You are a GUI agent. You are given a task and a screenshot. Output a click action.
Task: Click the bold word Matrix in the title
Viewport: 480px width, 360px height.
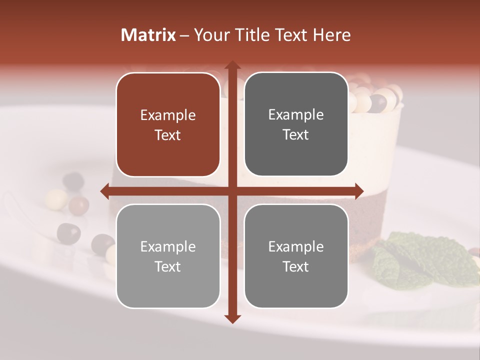click(x=148, y=35)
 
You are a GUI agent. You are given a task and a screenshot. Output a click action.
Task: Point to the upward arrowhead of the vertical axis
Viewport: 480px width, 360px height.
click(x=232, y=65)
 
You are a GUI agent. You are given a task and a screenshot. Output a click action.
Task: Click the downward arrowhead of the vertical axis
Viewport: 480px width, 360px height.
click(x=232, y=318)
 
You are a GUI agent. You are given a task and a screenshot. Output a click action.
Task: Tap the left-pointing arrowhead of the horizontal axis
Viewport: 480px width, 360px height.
click(x=105, y=191)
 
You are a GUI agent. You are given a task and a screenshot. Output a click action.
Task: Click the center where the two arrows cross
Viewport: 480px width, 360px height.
click(x=232, y=191)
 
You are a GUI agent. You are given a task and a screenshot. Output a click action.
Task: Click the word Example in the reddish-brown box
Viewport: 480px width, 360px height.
click(x=168, y=115)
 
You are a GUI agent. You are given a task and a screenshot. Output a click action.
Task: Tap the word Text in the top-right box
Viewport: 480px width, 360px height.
click(x=296, y=135)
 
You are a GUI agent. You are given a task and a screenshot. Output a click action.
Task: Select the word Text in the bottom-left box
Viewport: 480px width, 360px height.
click(x=168, y=266)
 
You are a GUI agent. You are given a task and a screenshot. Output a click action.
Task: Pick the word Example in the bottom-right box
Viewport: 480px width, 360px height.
click(x=296, y=246)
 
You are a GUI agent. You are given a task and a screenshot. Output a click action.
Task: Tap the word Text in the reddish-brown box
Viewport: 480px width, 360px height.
click(x=168, y=135)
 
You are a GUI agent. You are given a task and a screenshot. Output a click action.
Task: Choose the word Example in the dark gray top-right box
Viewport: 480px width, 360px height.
click(x=296, y=115)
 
